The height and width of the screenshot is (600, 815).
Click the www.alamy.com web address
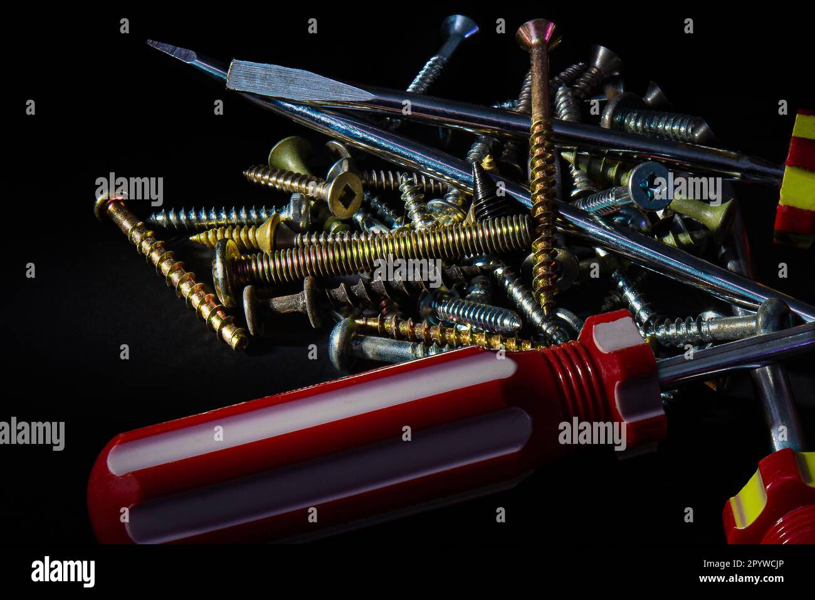pos(743,577)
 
